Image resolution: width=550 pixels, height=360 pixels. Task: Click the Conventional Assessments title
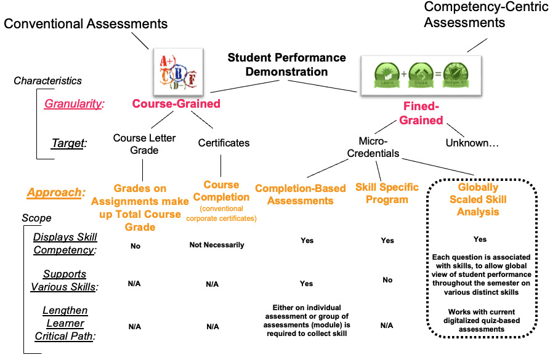[x=86, y=24]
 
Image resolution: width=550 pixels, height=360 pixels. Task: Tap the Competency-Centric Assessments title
[x=465, y=15]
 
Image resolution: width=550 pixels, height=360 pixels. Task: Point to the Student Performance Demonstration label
[x=286, y=64]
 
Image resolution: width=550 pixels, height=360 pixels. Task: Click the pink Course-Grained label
[x=176, y=103]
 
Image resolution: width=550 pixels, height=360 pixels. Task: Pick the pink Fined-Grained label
[x=421, y=112]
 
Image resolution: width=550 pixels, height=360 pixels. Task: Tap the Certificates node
[x=224, y=143]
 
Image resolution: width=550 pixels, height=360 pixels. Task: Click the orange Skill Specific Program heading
[x=387, y=193]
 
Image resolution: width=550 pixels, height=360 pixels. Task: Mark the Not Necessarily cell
[x=216, y=245]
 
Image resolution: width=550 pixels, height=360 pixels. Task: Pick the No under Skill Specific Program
[x=387, y=280]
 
